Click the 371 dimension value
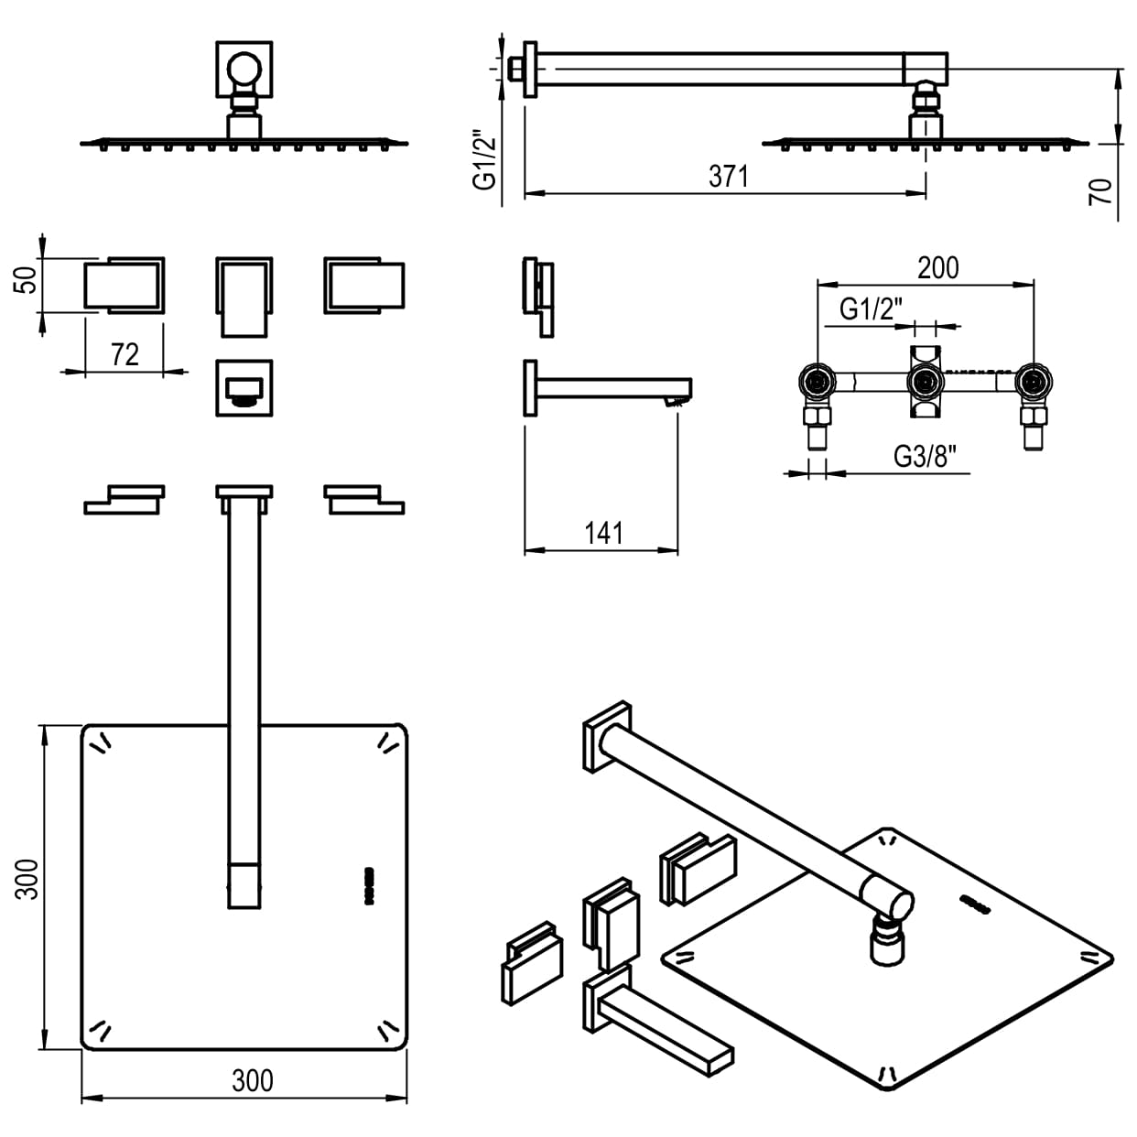(729, 176)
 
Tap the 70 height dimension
(1101, 190)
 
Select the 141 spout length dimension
(603, 533)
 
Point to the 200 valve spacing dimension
(937, 267)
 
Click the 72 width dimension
(125, 354)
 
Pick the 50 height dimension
(28, 278)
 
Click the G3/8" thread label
(930, 456)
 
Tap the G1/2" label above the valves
(871, 309)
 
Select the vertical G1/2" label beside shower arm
(484, 160)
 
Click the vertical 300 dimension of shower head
(28, 879)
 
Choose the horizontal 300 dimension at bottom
(252, 1081)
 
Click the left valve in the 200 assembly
(816, 381)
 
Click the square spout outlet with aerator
(244, 387)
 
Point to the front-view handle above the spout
(244, 296)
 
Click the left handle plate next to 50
(125, 285)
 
